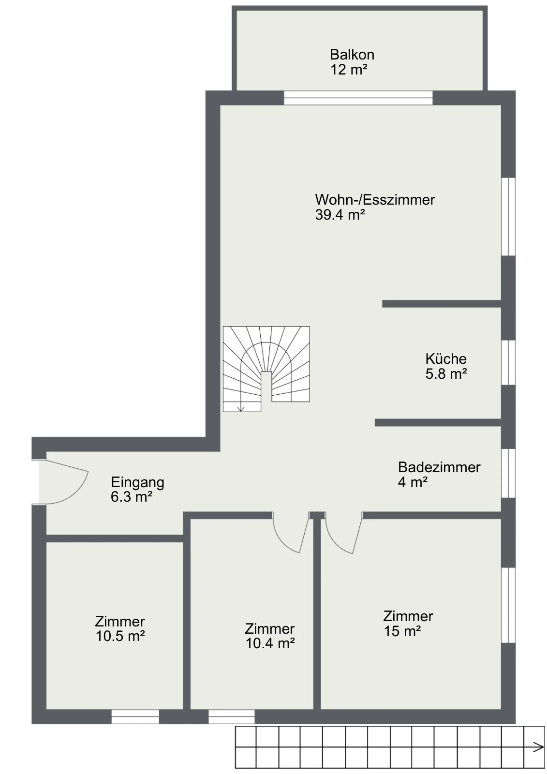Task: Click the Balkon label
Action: point(352,55)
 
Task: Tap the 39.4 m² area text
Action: point(340,215)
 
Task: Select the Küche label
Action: point(446,358)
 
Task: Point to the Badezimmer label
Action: point(439,467)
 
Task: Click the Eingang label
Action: point(137,483)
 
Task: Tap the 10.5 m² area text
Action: point(120,636)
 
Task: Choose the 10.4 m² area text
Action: point(270,643)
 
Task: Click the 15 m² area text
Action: point(402,631)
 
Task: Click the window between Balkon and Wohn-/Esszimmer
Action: point(358,98)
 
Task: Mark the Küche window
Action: point(508,362)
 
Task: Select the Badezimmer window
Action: point(508,474)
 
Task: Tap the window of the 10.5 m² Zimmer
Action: point(135,716)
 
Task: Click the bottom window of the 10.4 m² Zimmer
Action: point(232,716)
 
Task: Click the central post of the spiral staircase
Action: point(266,391)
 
